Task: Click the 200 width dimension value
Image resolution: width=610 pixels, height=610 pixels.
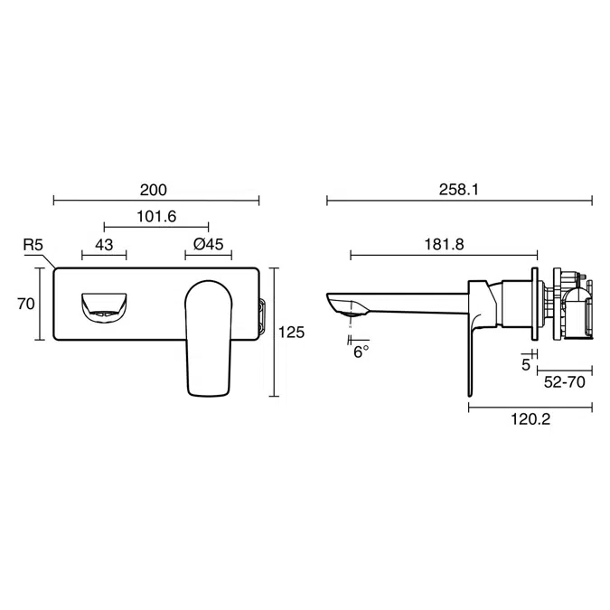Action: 155,191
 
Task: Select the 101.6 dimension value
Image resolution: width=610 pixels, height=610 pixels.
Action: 157,217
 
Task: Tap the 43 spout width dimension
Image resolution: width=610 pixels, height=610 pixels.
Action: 104,245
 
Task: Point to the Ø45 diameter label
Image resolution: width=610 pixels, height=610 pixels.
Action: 208,245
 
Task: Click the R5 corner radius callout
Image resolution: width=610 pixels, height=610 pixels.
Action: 33,245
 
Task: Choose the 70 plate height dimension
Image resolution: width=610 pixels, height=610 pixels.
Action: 25,304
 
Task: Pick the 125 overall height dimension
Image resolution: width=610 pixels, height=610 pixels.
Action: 291,333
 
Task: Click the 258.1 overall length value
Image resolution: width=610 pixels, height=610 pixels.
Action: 458,191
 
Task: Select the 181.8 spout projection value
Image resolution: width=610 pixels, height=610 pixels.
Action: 444,245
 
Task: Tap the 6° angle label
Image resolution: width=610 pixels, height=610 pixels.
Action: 361,352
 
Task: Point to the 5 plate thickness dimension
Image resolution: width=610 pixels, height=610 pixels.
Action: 526,366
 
